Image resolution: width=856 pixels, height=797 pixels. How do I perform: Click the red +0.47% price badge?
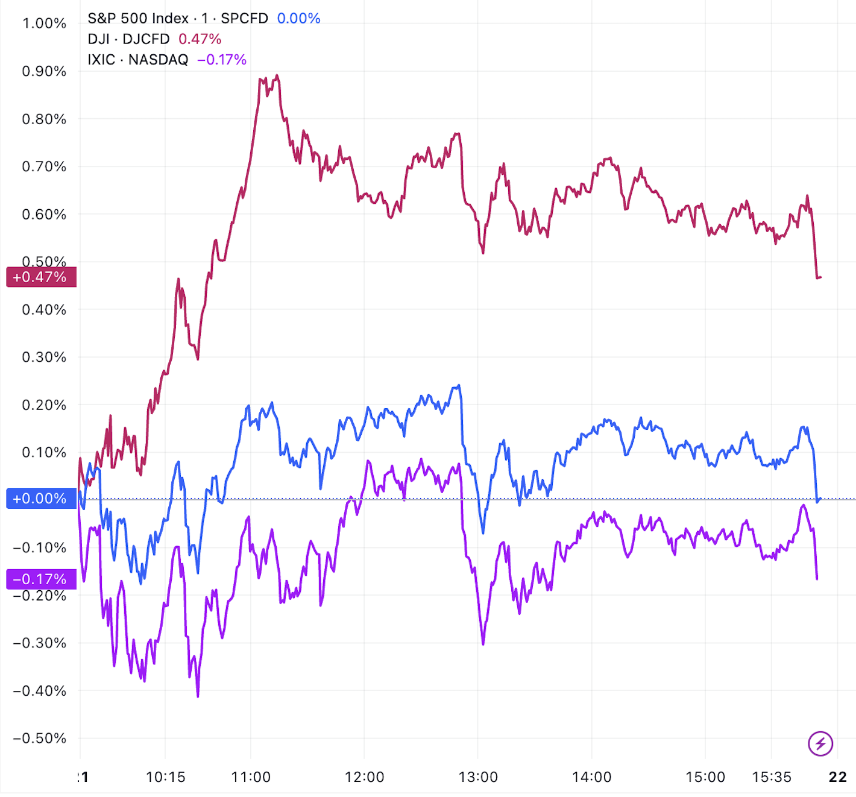(40, 277)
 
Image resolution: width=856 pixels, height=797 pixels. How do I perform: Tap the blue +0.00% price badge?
(40, 499)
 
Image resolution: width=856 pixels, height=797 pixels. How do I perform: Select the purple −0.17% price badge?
(40, 579)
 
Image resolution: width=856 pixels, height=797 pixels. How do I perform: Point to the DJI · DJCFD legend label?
(128, 39)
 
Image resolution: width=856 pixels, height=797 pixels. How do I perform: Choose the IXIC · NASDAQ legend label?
(137, 60)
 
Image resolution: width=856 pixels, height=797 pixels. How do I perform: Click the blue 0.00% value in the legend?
(298, 19)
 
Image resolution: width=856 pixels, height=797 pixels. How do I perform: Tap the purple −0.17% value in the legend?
(222, 60)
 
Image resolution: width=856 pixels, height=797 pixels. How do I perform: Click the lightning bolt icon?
(820, 743)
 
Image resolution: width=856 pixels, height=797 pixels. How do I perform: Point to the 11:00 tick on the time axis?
(251, 777)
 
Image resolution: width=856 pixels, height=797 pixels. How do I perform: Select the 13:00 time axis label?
(478, 777)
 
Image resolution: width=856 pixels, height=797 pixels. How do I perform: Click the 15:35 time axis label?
(772, 777)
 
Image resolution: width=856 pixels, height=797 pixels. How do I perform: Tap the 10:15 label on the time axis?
(165, 777)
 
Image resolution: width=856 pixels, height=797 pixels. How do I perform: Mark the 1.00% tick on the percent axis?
(44, 24)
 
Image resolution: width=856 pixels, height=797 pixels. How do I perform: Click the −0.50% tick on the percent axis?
(40, 739)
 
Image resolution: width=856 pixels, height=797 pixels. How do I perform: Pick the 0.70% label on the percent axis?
(44, 166)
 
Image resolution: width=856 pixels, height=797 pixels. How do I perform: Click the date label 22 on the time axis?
(838, 777)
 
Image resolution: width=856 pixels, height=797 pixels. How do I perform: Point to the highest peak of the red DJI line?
(277, 75)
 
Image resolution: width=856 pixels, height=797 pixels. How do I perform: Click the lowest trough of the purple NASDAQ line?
(198, 696)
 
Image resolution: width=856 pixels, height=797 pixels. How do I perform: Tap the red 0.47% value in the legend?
(200, 39)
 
